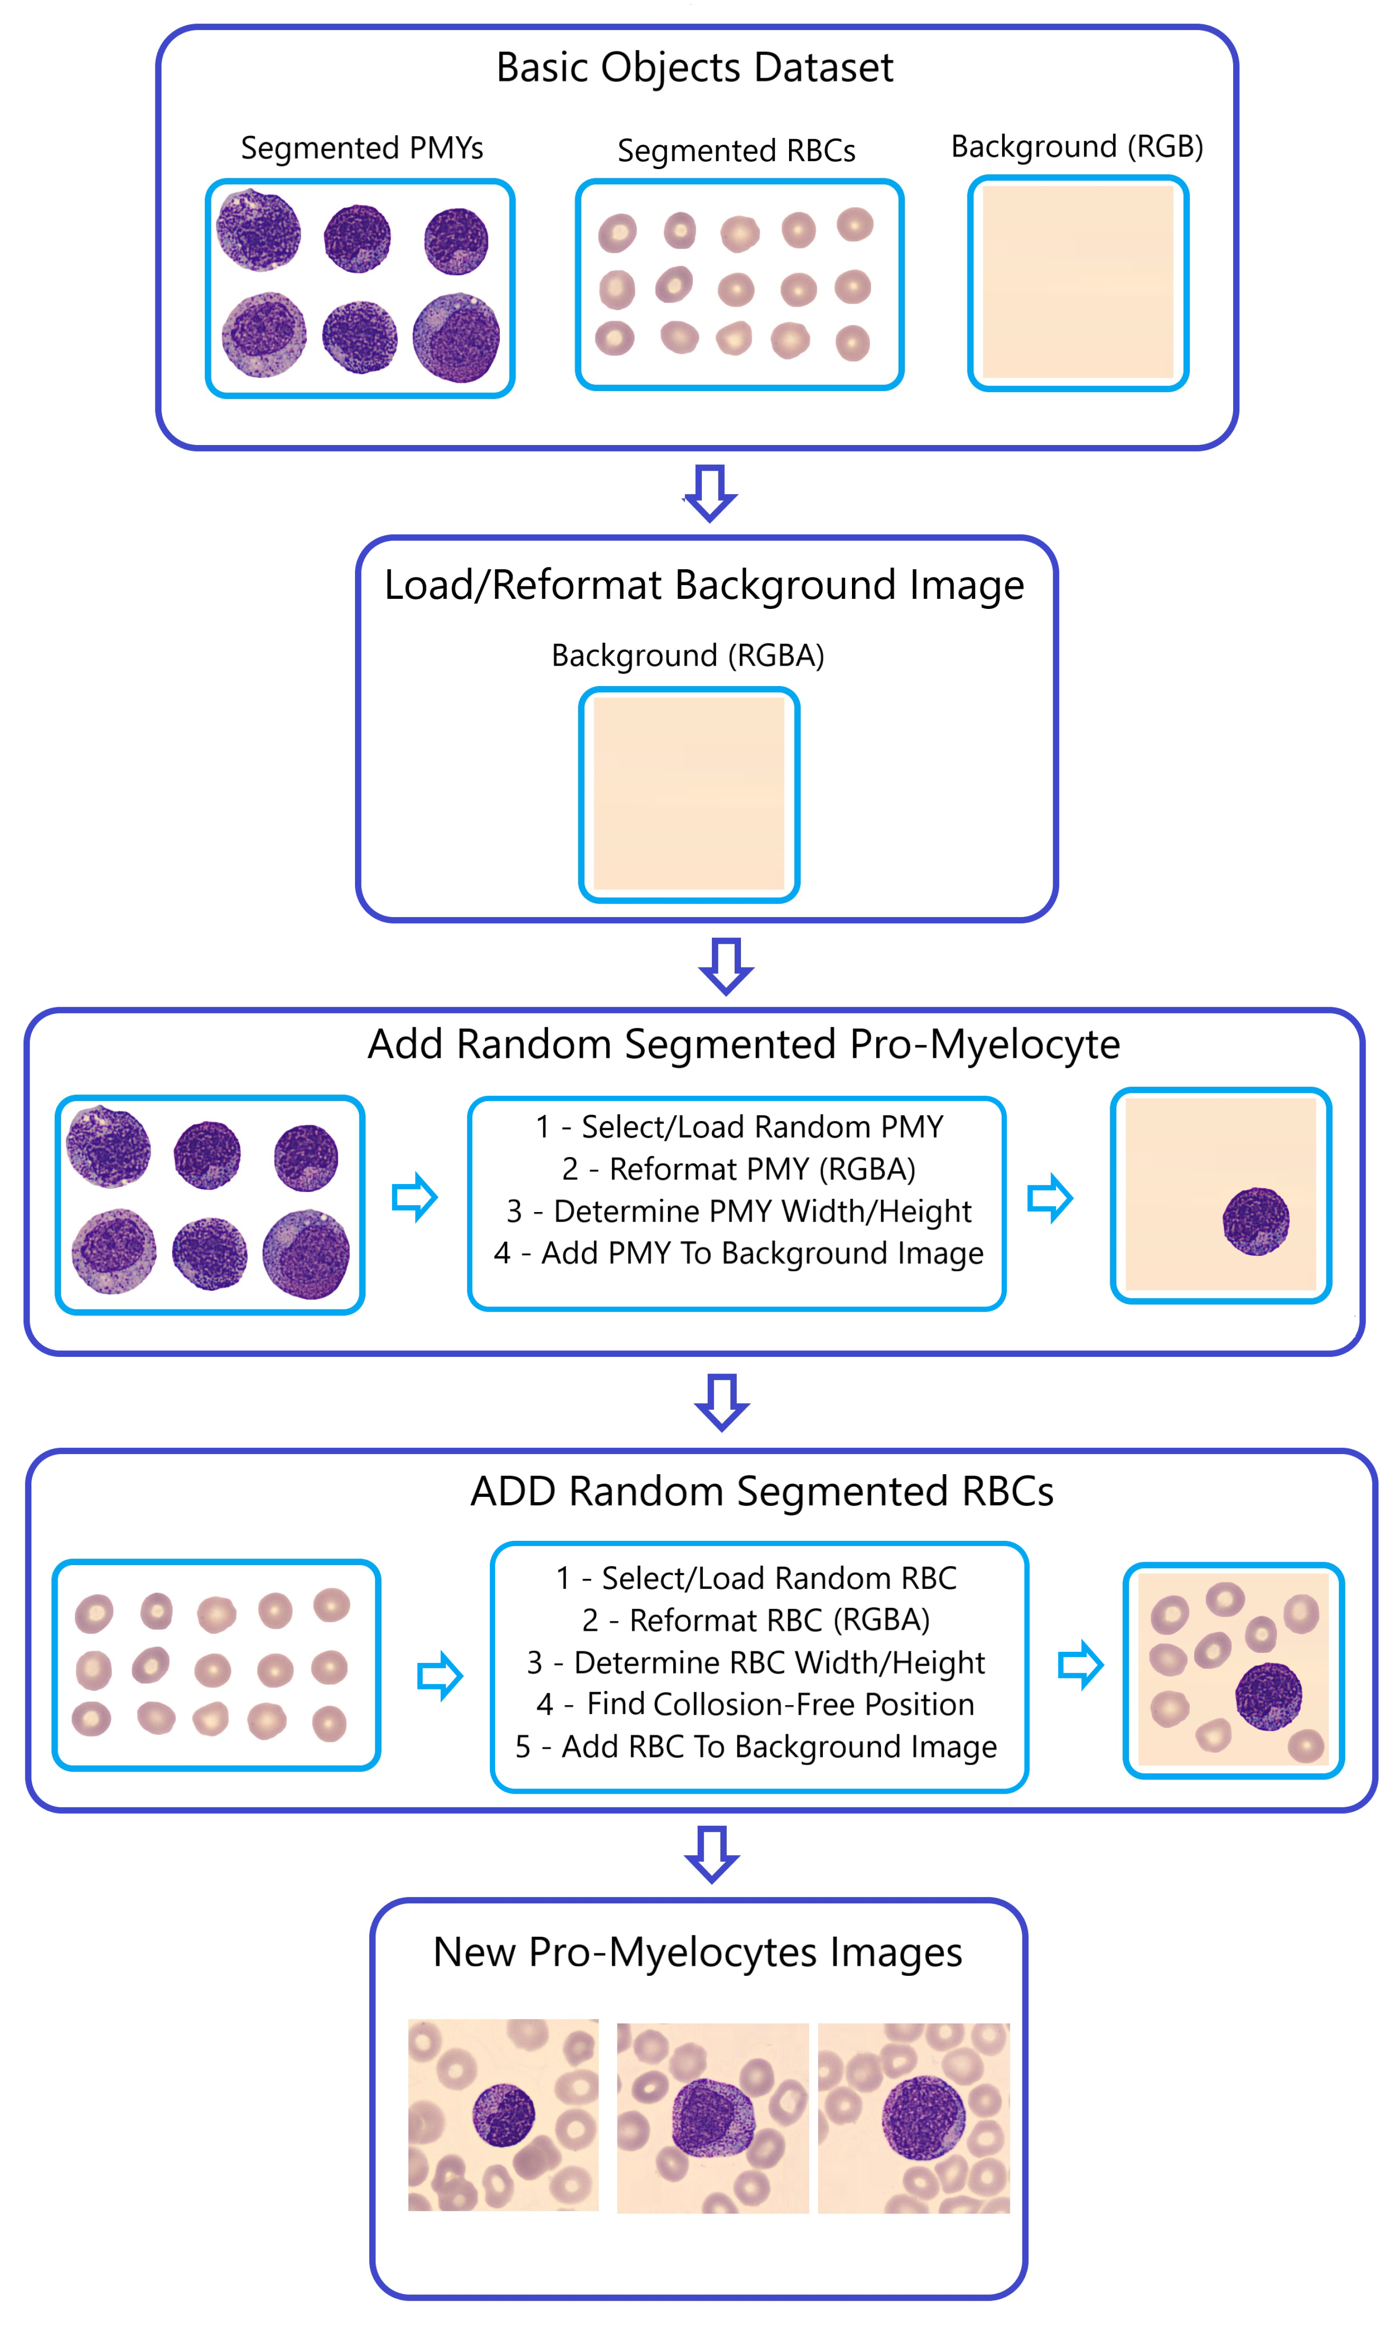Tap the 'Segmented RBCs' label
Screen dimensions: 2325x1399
(736, 151)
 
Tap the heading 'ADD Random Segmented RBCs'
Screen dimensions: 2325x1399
(762, 1491)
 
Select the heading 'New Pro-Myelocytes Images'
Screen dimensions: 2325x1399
(698, 1952)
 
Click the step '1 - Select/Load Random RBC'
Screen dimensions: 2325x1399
(756, 1577)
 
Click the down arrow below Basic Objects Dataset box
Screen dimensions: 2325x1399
(710, 492)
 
